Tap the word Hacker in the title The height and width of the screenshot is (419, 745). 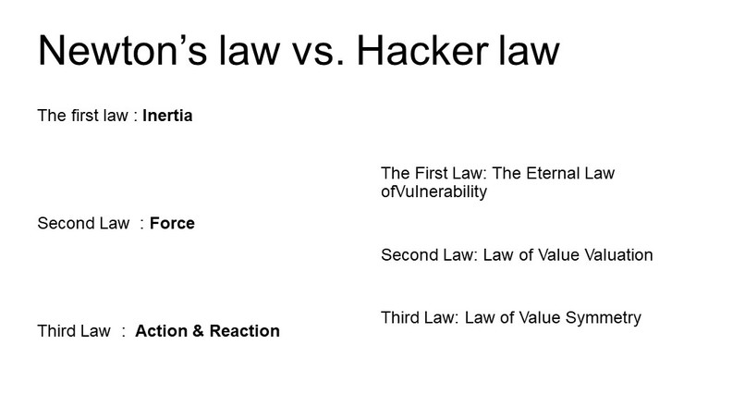coord(419,52)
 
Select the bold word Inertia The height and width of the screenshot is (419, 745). coord(167,117)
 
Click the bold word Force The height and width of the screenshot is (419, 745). coord(172,223)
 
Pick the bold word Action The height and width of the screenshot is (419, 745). coord(161,330)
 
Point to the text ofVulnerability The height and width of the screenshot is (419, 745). coord(434,192)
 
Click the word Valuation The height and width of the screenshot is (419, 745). coord(614,254)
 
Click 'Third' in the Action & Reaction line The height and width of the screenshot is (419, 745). coord(56,330)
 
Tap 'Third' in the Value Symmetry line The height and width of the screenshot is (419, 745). coord(400,318)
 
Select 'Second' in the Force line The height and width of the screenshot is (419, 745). coord(64,223)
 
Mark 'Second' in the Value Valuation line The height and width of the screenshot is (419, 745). coord(408,254)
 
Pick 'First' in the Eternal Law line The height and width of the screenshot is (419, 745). coord(426,174)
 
